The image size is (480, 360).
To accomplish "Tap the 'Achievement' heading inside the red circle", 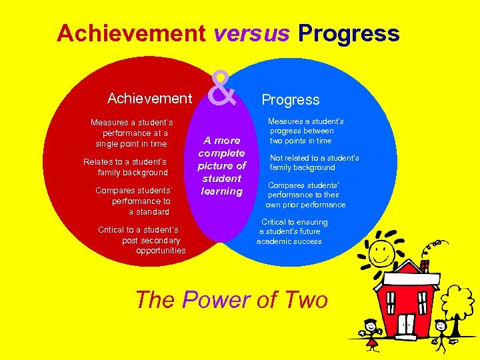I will click(x=149, y=99).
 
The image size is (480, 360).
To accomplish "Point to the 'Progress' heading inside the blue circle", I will click(x=291, y=100).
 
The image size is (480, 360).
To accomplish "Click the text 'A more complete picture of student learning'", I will click(x=222, y=166).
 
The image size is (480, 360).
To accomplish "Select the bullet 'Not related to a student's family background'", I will click(x=313, y=163).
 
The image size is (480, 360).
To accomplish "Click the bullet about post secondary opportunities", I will click(x=142, y=240).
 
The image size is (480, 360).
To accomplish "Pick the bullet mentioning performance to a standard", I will click(x=133, y=201).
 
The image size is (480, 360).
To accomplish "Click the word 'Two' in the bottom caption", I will click(x=304, y=300).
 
